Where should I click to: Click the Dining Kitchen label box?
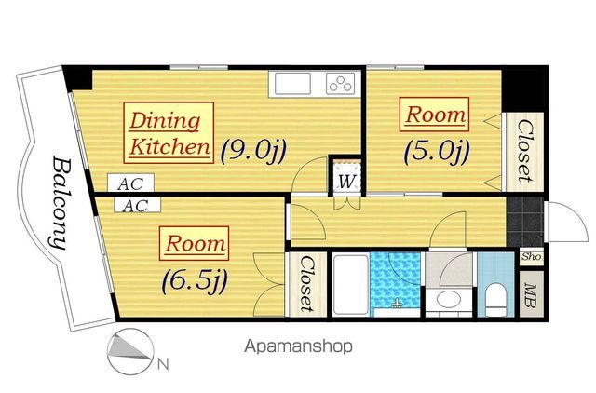pyautogui.click(x=169, y=132)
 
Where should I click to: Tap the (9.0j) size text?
pyautogui.click(x=253, y=150)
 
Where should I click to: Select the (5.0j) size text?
pyautogui.click(x=437, y=151)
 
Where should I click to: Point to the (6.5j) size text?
pyautogui.click(x=195, y=281)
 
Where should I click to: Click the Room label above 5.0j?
pyautogui.click(x=434, y=115)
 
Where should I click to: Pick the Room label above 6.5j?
pyautogui.click(x=194, y=243)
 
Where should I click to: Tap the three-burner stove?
pyautogui.click(x=341, y=84)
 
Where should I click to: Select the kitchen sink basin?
pyautogui.click(x=292, y=84)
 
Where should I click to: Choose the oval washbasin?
pyautogui.click(x=449, y=299)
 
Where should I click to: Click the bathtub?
pyautogui.click(x=350, y=285)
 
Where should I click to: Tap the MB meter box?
pyautogui.click(x=532, y=295)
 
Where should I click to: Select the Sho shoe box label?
pyautogui.click(x=531, y=256)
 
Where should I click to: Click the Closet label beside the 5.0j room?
pyautogui.click(x=524, y=151)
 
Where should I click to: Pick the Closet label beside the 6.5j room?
pyautogui.click(x=306, y=284)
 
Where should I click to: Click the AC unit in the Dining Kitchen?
pyautogui.click(x=130, y=183)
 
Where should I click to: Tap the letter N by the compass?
pyautogui.click(x=163, y=364)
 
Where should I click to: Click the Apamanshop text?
pyautogui.click(x=298, y=346)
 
